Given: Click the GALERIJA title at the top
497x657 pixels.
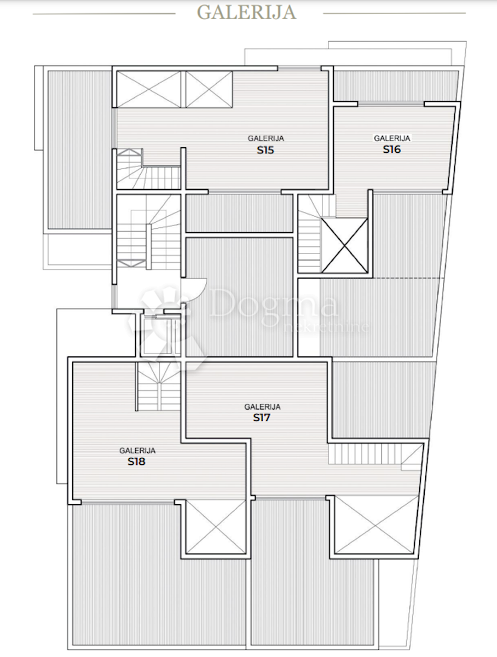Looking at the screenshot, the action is (x=246, y=13).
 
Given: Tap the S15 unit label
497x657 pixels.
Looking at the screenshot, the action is (x=265, y=150).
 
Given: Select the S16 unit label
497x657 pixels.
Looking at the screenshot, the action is (x=392, y=149).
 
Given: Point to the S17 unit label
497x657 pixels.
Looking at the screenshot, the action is (x=262, y=418).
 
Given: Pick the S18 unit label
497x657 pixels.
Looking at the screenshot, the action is (x=136, y=462).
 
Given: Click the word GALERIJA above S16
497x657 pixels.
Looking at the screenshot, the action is (x=392, y=139).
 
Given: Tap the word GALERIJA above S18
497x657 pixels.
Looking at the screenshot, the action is (x=137, y=451).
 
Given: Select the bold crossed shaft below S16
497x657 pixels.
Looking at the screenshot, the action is (x=344, y=245).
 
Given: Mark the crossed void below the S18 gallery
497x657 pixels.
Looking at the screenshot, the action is (x=216, y=527).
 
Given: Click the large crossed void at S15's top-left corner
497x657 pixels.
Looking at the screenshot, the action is (x=149, y=89).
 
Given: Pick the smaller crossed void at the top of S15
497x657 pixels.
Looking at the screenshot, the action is (x=209, y=89).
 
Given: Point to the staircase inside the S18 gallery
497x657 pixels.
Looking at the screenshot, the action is (x=159, y=387).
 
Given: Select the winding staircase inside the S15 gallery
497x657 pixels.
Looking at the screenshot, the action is (x=148, y=169).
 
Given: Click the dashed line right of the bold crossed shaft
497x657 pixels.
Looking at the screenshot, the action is (x=409, y=278).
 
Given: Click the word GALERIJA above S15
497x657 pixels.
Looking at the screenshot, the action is (x=265, y=139).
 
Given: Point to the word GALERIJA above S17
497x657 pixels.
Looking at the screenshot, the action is (x=262, y=407).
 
